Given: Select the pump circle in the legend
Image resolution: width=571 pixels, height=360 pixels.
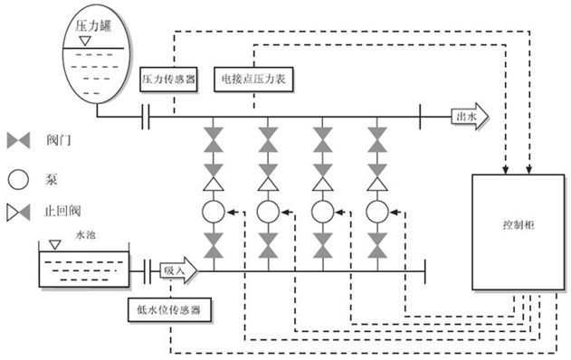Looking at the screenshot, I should click(x=19, y=177).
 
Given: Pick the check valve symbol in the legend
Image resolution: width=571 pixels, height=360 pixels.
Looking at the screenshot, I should click(x=19, y=214).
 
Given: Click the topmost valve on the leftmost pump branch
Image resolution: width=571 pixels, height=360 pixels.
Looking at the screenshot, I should click(x=214, y=137).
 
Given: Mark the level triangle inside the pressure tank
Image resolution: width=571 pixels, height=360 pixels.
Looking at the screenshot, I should click(x=83, y=42).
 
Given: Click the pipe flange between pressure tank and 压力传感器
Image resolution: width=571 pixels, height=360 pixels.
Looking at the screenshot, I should click(x=144, y=117).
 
